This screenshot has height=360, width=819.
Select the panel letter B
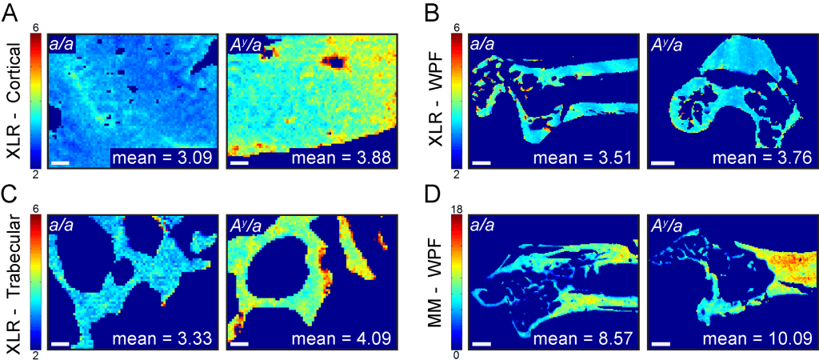click(433, 13)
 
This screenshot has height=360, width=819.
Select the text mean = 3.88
click(345, 158)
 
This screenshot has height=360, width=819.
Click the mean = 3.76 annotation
click(767, 158)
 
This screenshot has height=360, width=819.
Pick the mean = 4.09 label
click(345, 339)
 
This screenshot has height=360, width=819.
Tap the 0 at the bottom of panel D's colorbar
click(453, 354)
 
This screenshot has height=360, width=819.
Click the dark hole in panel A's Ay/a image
click(334, 61)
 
